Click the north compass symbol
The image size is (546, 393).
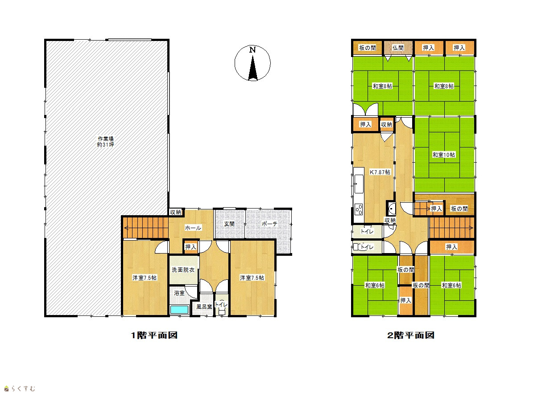coord(252,63)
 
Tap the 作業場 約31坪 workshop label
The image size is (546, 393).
coord(106,142)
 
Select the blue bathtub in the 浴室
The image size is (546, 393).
coord(179,310)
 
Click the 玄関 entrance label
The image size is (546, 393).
coord(229,224)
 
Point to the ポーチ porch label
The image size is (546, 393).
coord(269,224)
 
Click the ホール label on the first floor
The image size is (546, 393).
coord(193,228)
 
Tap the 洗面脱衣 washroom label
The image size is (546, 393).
coord(183,270)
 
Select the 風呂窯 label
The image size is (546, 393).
coord(204,307)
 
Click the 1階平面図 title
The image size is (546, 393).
coord(154,335)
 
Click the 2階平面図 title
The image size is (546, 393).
coord(411,335)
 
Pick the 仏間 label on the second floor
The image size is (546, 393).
coord(398,48)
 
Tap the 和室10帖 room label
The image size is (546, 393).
coord(443,155)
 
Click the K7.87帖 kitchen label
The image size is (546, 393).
coord(380,172)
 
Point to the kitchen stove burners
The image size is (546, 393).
coord(359,209)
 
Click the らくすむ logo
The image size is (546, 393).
coord(20,389)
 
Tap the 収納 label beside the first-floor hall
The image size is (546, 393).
coord(175,212)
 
